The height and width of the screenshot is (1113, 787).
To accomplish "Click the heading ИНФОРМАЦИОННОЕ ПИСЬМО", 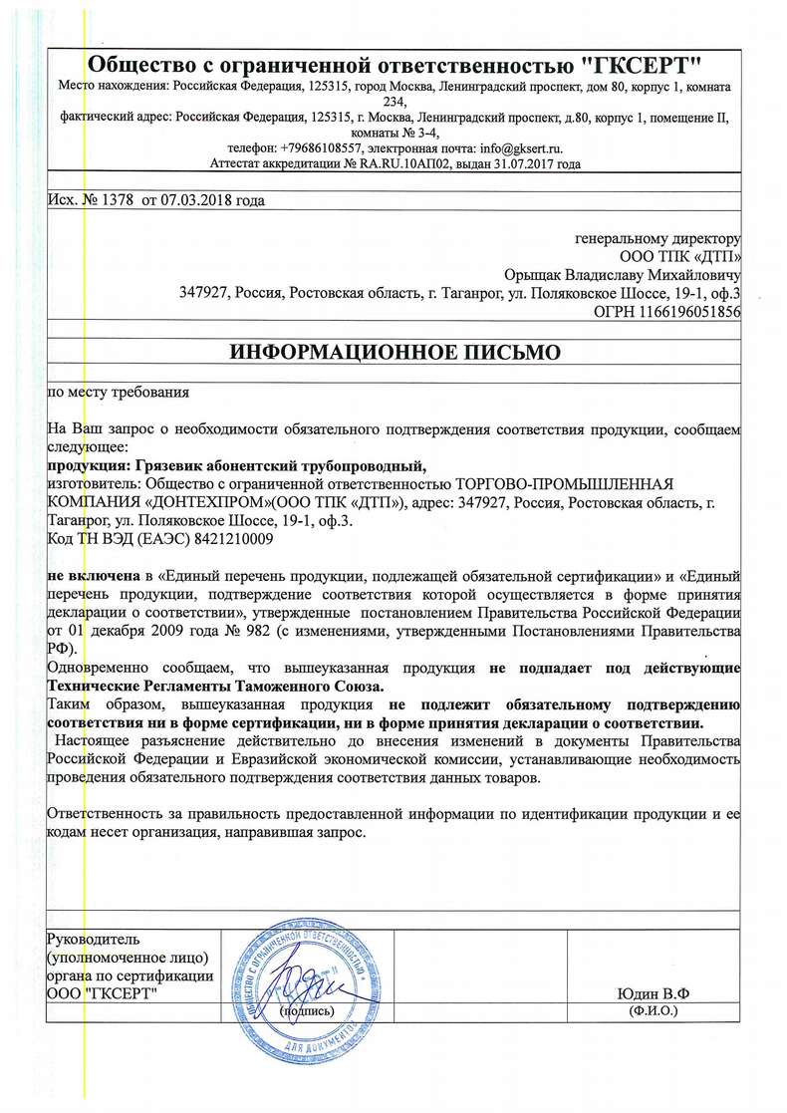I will point(395,352).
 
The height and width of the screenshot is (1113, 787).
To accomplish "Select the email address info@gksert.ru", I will point(516,147).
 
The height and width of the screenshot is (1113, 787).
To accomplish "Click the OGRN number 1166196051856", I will point(693,311).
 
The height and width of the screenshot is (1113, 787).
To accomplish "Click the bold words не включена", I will point(92,576).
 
